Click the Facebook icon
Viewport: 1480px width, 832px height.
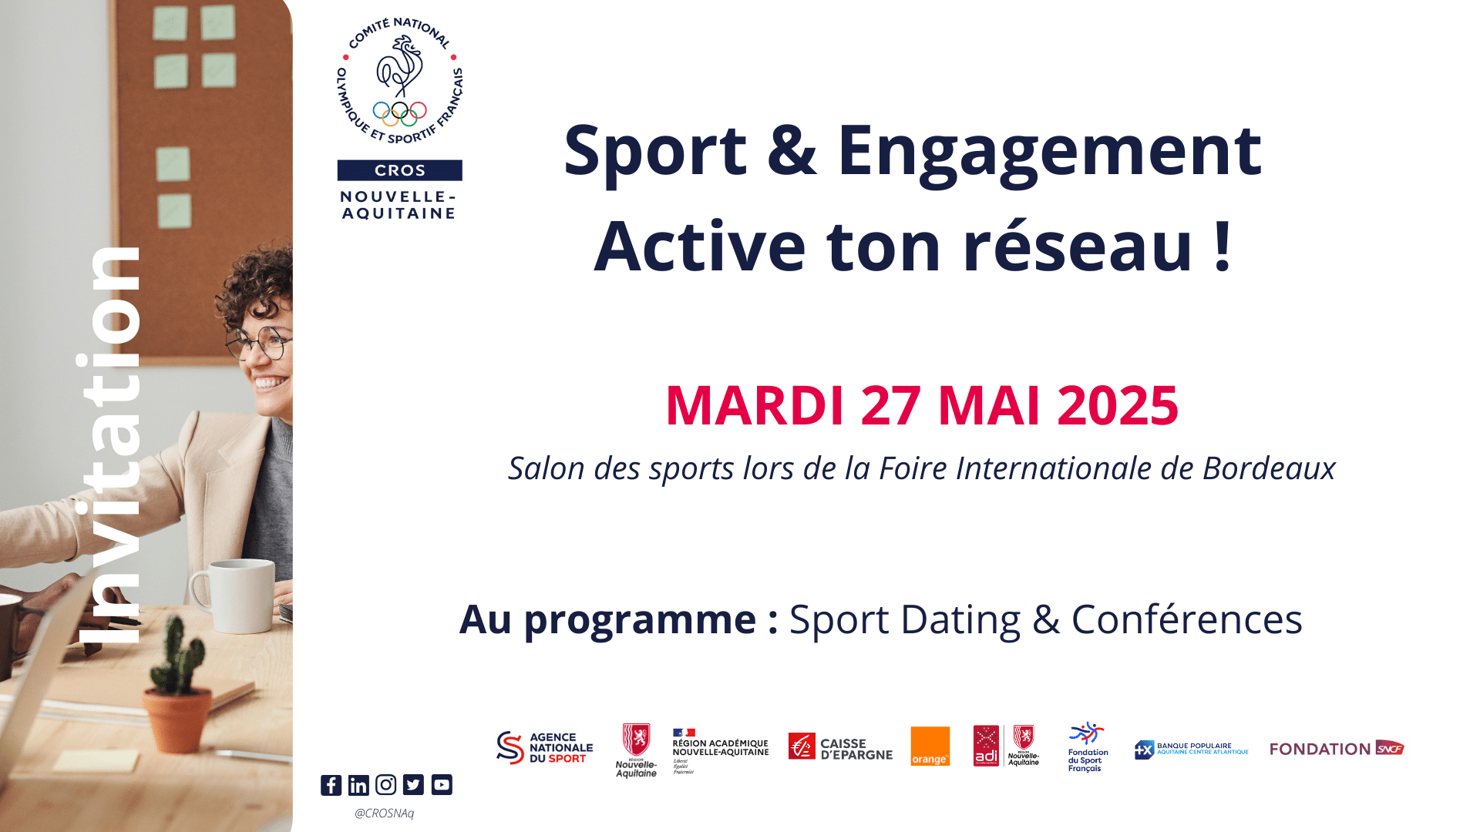point(331,785)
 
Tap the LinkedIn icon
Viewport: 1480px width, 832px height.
point(358,785)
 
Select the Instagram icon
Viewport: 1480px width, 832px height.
point(385,785)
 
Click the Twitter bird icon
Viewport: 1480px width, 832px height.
point(413,785)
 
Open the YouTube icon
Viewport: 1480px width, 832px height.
point(442,785)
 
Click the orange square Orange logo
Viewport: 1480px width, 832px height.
point(930,746)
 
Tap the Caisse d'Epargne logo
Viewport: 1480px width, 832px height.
point(840,747)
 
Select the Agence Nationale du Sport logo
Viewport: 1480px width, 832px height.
point(544,747)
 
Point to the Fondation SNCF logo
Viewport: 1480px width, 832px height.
point(1337,748)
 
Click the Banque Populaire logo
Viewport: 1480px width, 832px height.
point(1191,749)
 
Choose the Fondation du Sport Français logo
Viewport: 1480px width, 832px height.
point(1087,746)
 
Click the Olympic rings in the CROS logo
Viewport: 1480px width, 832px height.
point(399,113)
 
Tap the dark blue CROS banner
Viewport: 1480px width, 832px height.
point(399,170)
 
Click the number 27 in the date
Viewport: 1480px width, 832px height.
point(890,405)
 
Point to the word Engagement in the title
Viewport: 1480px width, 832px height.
point(1049,150)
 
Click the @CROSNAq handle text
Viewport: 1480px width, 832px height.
point(384,813)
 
